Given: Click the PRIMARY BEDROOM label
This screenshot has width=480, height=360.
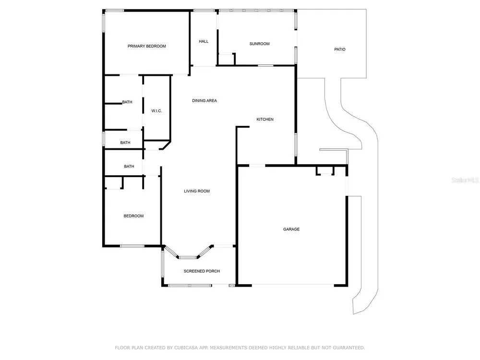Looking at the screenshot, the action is coord(146,46).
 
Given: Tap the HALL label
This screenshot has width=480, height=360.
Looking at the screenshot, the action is coord(204,41).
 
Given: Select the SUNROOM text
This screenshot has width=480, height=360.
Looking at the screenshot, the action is coord(259,44).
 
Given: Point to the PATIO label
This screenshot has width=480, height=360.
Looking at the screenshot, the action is coord(340,49).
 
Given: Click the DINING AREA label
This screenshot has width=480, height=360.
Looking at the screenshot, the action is coord(204,100).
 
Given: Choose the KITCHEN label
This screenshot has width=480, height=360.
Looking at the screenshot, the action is coord(265,120).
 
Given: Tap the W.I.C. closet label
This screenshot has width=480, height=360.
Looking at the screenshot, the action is coord(156,111).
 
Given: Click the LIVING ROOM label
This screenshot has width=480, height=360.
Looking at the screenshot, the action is coord(197,191).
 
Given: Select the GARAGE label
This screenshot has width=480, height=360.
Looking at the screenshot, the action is coord(291,229).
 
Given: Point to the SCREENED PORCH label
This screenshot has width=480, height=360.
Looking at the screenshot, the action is coord(202,271).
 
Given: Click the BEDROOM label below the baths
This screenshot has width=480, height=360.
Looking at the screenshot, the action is coord(133,216).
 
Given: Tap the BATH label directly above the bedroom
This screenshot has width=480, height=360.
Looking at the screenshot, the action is coord(129,166).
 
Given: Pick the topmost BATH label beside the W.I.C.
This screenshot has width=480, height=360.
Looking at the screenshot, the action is coord(127,102).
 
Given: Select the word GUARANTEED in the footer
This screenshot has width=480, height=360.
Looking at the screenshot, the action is coord(348,348).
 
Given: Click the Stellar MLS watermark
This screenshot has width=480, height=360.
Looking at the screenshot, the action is coord(465,180).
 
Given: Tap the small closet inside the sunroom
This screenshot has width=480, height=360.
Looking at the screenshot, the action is coord(226,60).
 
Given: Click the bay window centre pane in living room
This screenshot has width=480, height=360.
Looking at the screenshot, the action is coord(188,257).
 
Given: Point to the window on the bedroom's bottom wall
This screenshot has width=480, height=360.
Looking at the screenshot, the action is coord(132,246).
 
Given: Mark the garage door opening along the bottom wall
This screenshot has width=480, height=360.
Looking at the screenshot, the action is coord(293,285).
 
